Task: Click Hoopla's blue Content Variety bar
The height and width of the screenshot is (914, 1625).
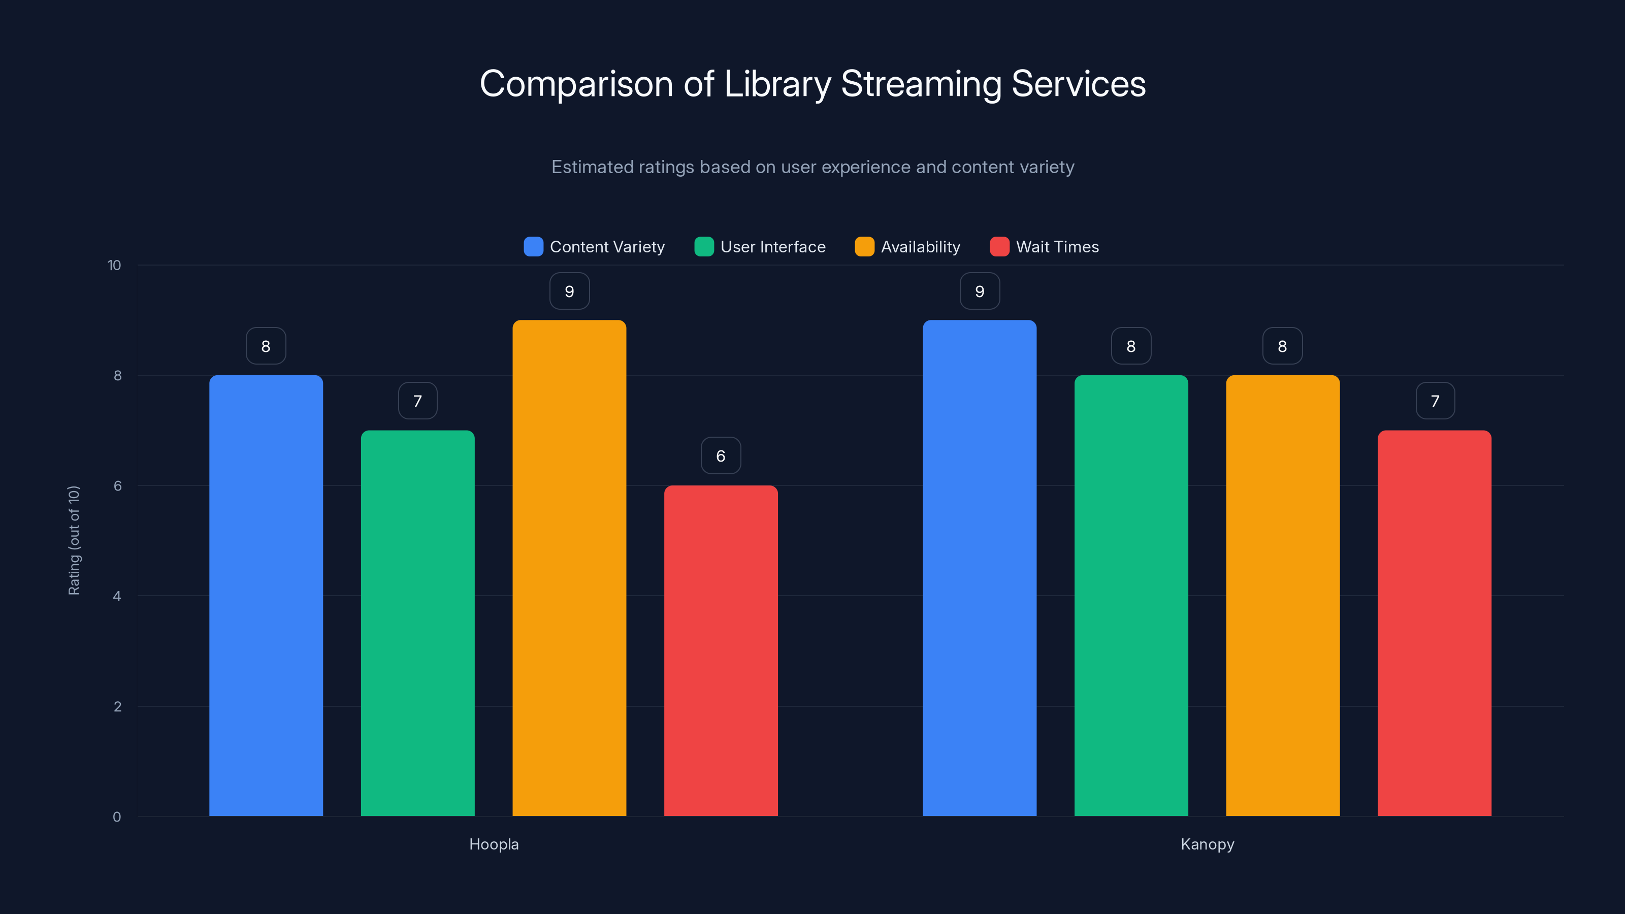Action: point(266,596)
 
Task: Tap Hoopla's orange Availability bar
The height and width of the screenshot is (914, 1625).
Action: point(569,568)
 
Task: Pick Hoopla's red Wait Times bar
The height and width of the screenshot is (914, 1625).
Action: point(721,650)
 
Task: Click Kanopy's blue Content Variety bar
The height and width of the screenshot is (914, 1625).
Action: point(979,568)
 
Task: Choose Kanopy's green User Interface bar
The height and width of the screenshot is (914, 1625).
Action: point(1131,596)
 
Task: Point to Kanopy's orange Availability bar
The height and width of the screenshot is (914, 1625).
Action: point(1282,596)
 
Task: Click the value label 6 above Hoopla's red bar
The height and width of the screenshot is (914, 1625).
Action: point(721,455)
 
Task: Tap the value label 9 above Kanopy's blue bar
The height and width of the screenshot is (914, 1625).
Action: point(979,291)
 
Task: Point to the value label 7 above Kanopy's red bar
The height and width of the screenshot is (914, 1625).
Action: point(1435,401)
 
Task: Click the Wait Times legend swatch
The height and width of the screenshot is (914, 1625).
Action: point(999,247)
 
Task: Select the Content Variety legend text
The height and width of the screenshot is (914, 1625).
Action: point(607,247)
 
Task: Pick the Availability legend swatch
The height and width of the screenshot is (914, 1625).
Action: point(864,247)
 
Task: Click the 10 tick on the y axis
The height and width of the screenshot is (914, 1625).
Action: point(114,265)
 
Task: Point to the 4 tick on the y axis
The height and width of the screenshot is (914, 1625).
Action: point(117,596)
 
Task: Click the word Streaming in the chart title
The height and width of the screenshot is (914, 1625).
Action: point(921,84)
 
